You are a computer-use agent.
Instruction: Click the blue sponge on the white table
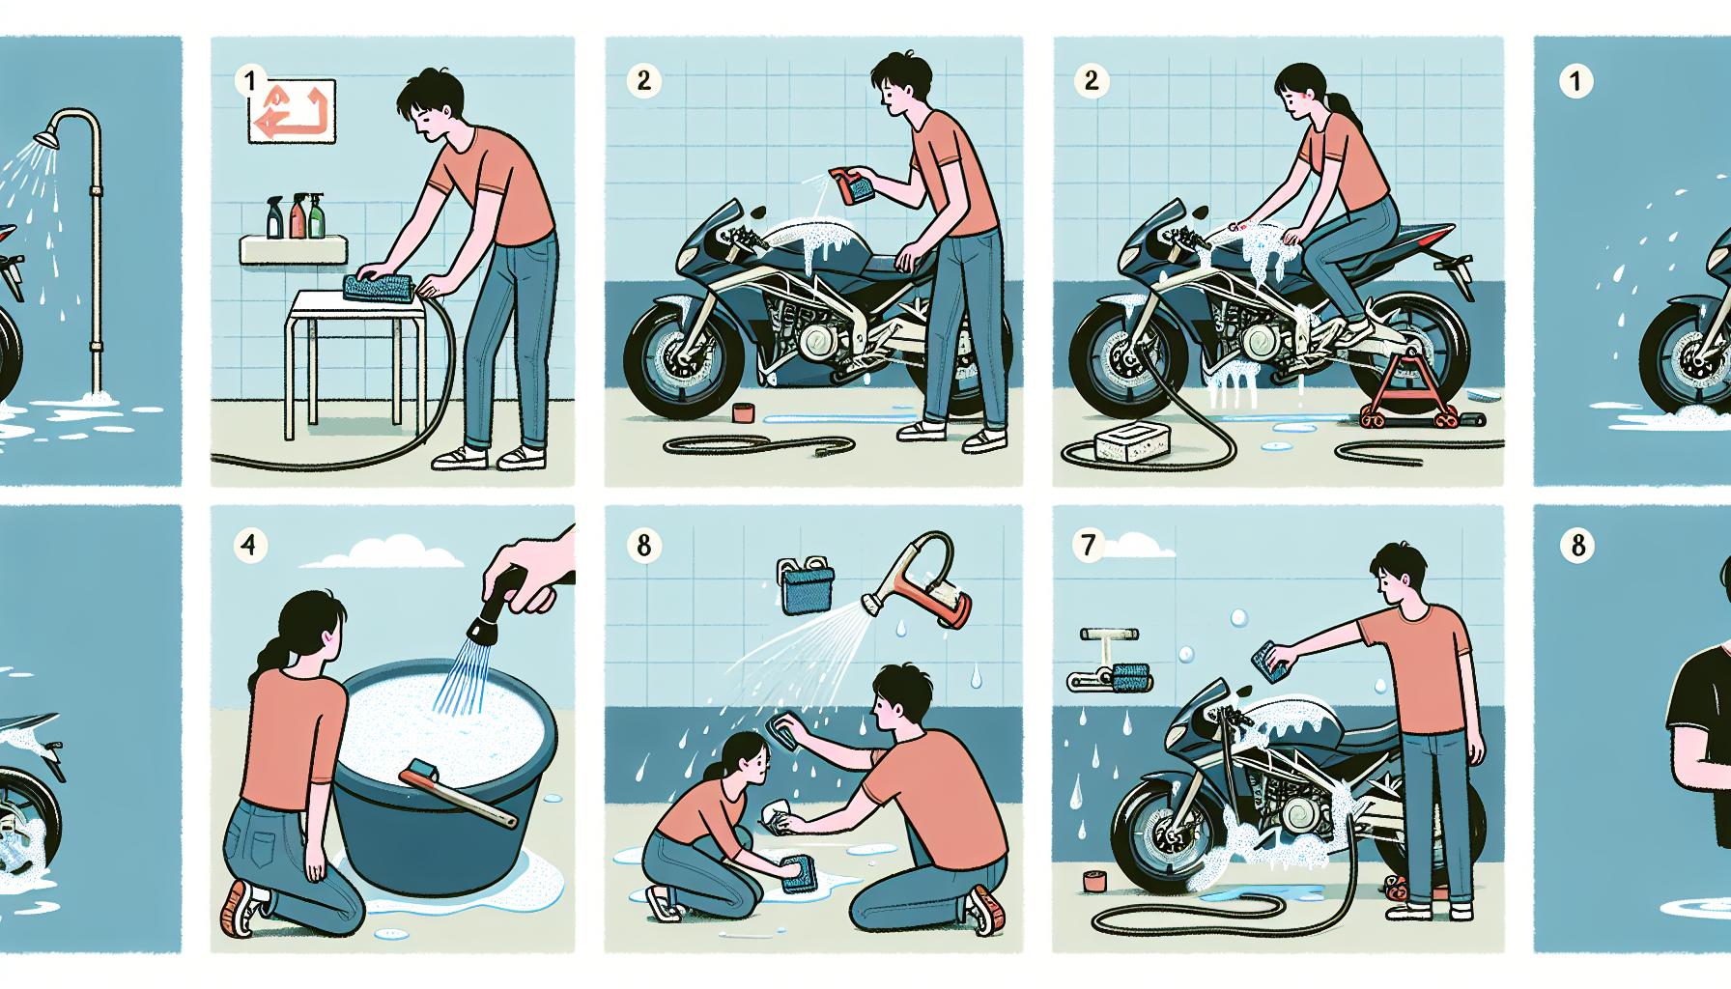379,286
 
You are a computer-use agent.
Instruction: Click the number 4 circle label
250,546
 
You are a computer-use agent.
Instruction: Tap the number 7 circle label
1090,546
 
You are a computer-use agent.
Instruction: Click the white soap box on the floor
1126,442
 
